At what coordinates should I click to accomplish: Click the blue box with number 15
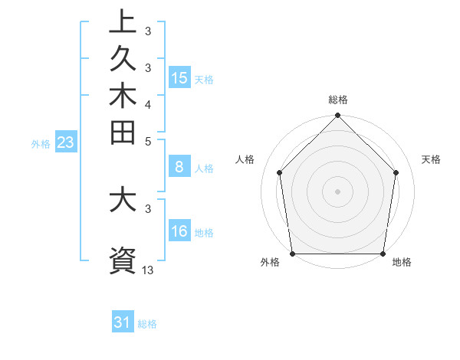(179, 78)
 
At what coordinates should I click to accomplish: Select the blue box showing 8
(179, 168)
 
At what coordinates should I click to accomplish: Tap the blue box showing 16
(179, 232)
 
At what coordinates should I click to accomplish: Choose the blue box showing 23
(65, 142)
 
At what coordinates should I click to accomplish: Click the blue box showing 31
(123, 322)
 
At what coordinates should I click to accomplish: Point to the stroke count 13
(148, 270)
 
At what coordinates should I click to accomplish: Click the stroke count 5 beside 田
(148, 141)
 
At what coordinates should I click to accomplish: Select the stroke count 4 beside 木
(148, 103)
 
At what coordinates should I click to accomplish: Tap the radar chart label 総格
(337, 100)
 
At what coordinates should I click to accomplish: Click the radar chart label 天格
(431, 159)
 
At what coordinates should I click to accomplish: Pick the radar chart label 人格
(245, 159)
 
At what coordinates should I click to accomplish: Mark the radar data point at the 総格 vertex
(337, 116)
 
